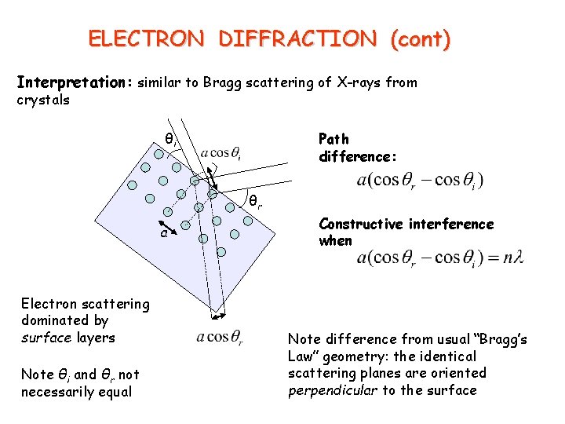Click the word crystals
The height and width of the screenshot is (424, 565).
[43, 100]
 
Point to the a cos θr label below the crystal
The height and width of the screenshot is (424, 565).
[220, 338]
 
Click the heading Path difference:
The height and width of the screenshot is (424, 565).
[358, 148]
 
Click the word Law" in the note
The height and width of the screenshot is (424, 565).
[307, 356]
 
